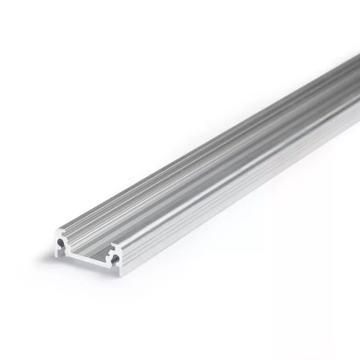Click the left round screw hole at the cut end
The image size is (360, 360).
(61, 242)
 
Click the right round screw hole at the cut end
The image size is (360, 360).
(115, 259)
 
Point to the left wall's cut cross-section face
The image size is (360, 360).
(56, 250)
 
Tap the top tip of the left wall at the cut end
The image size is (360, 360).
(58, 231)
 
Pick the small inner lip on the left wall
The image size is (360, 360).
(68, 245)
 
